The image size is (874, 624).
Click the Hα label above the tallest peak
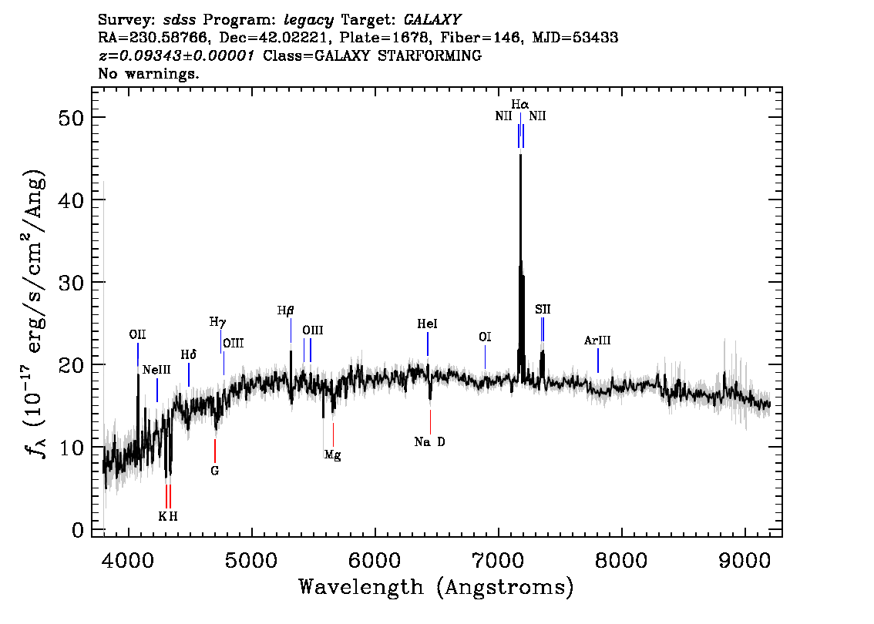pyautogui.click(x=520, y=104)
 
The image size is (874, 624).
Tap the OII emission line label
pyautogui.click(x=137, y=334)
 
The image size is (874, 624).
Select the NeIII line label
pyautogui.click(x=156, y=370)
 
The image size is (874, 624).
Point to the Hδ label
pyautogui.click(x=189, y=354)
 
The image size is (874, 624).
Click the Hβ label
pyautogui.click(x=286, y=311)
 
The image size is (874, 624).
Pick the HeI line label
pyautogui.click(x=427, y=325)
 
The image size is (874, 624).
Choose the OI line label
pyautogui.click(x=485, y=337)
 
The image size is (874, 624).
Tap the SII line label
pyautogui.click(x=543, y=310)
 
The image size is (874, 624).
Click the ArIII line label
pyautogui.click(x=597, y=341)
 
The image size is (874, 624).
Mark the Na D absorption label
pyautogui.click(x=429, y=442)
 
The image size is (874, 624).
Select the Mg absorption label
pyautogui.click(x=332, y=455)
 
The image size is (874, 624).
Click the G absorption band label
pyautogui.click(x=214, y=470)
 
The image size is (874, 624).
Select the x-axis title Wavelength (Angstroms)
pyautogui.click(x=436, y=587)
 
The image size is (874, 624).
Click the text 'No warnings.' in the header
pyautogui.click(x=149, y=74)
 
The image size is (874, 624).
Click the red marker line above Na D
pyautogui.click(x=430, y=421)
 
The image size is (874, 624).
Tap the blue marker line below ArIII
pyautogui.click(x=598, y=360)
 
